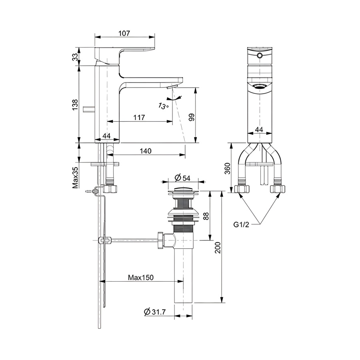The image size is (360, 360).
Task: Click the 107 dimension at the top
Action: pyautogui.click(x=124, y=33)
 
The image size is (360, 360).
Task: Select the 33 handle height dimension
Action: pyautogui.click(x=75, y=57)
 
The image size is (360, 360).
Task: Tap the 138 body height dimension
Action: pyautogui.click(x=75, y=105)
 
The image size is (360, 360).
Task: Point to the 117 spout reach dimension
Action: pyautogui.click(x=139, y=117)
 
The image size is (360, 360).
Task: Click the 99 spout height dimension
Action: pyautogui.click(x=192, y=117)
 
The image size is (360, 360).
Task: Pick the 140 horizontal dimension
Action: pyautogui.click(x=146, y=151)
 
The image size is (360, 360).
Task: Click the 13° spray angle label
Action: pyautogui.click(x=163, y=106)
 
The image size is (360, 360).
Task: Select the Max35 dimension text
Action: pyautogui.click(x=75, y=177)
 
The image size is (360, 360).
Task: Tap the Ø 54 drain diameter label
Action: pyautogui.click(x=182, y=178)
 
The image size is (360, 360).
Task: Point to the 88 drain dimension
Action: pyautogui.click(x=206, y=216)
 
